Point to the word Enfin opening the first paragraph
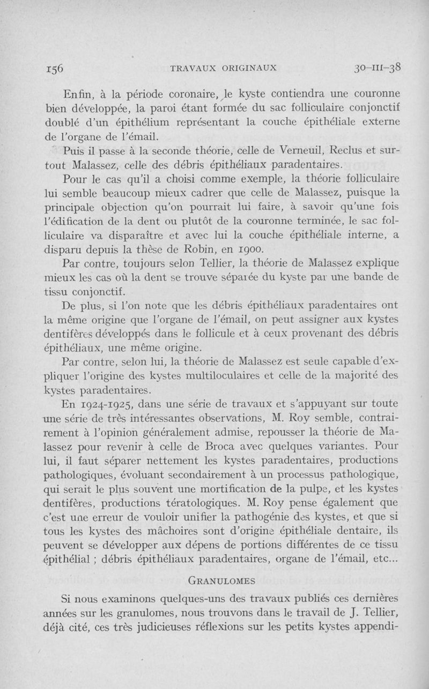(x=78, y=95)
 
